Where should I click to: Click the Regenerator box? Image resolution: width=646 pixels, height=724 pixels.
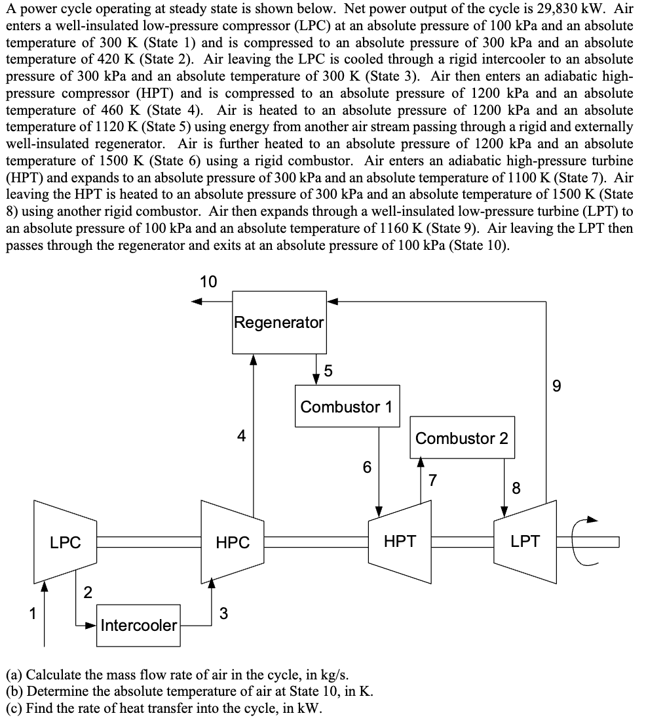tap(279, 322)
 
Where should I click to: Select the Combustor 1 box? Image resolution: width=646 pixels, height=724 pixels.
tap(347, 407)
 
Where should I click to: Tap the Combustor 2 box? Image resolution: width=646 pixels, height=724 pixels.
tap(462, 438)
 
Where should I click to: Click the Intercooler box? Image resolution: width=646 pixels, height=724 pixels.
tap(139, 625)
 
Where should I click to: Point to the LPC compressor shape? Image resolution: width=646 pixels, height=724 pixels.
tap(66, 542)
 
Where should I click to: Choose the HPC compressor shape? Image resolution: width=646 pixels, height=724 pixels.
tap(233, 542)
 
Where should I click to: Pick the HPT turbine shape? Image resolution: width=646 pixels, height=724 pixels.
tap(400, 541)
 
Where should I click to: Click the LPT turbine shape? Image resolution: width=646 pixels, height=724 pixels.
tap(525, 541)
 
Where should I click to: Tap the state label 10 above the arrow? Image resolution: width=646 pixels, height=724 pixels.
tap(208, 283)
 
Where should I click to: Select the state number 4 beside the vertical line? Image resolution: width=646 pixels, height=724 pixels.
tap(242, 435)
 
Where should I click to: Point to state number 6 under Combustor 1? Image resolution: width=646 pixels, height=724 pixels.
tap(367, 468)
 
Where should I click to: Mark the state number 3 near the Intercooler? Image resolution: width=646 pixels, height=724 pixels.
tap(223, 614)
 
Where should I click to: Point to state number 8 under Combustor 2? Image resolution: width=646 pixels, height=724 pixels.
tap(516, 487)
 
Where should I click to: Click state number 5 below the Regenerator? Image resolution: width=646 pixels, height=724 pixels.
tap(328, 371)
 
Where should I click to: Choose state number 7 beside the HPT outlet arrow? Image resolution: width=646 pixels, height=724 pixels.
tap(432, 479)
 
